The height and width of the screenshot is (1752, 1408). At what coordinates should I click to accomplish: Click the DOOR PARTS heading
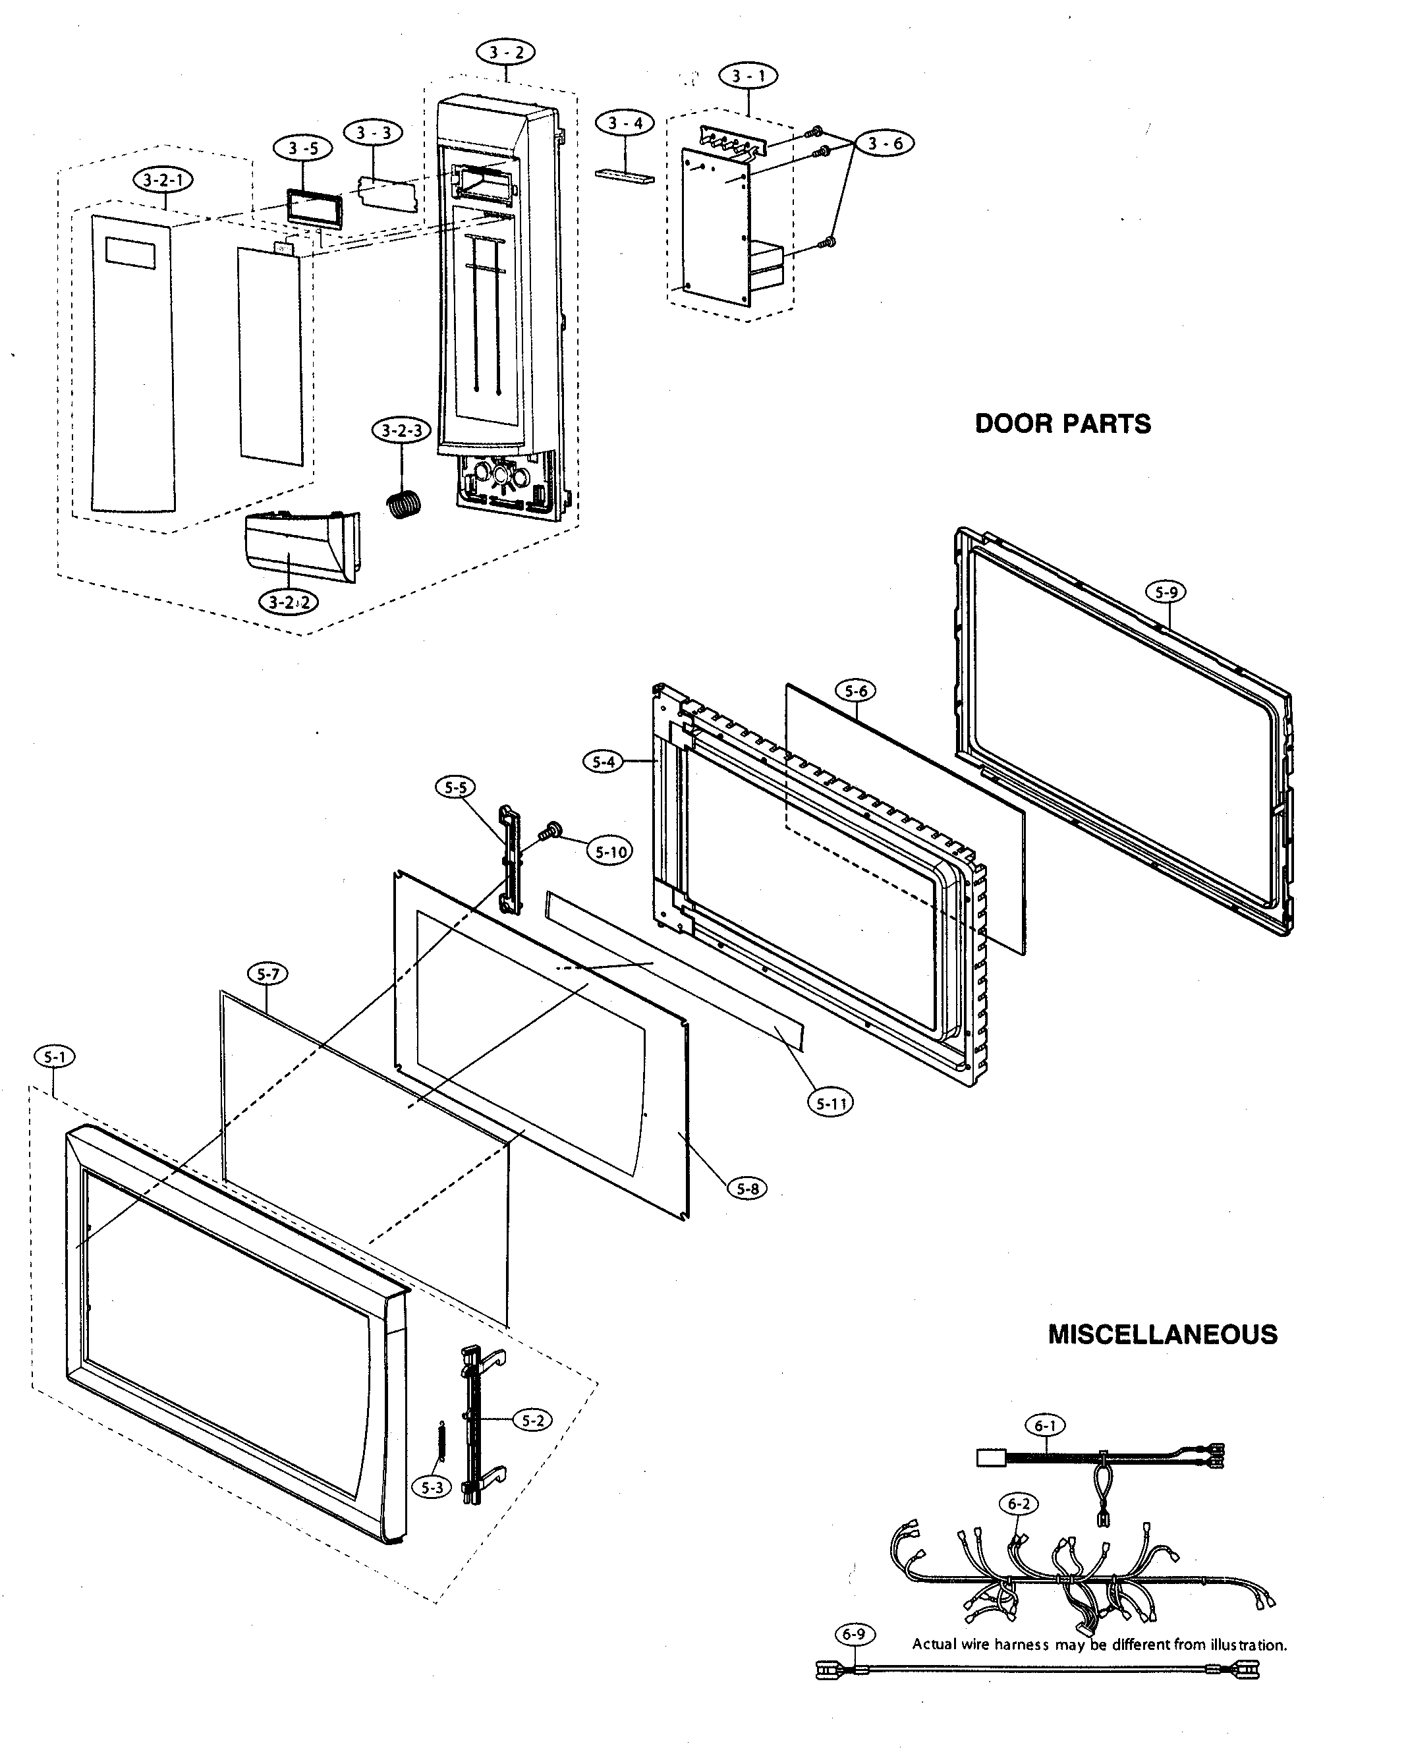pos(1062,424)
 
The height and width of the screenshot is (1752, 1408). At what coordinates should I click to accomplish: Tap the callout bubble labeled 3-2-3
pos(401,431)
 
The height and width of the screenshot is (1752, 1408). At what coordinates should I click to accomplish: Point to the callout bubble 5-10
pos(611,853)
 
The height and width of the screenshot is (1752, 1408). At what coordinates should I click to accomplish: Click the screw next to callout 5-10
pos(551,830)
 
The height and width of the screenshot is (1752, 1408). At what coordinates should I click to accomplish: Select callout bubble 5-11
pos(830,1104)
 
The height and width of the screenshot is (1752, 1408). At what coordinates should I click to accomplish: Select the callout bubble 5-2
pos(532,1421)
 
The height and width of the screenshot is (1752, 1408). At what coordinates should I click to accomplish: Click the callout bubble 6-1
pos(1046,1425)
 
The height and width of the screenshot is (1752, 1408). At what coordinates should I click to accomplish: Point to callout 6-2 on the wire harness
pos(1019,1504)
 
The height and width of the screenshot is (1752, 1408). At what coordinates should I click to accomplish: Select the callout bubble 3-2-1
pos(163,181)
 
